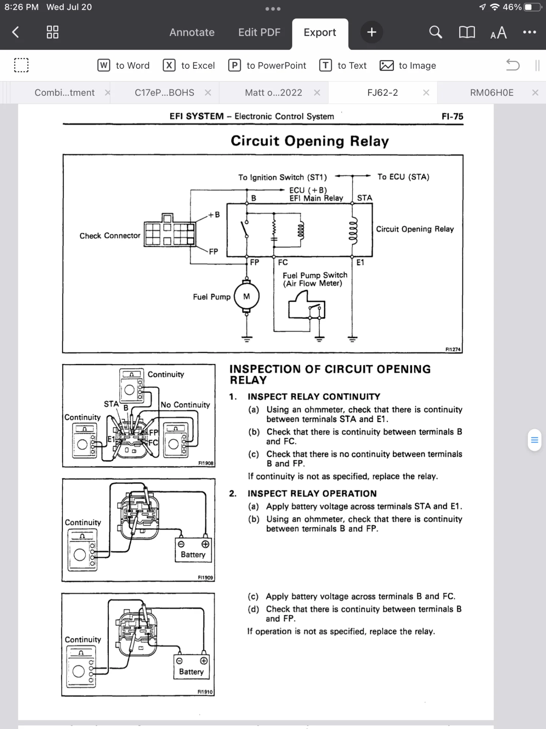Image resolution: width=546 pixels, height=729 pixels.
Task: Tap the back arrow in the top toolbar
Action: click(16, 32)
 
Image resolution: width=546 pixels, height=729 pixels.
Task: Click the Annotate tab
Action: click(192, 32)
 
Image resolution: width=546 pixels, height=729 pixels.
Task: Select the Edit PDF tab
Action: click(259, 32)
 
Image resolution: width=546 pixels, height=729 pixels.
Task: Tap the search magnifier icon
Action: click(435, 32)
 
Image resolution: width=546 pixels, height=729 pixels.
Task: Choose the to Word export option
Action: click(124, 66)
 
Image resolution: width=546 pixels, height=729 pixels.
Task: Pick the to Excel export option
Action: click(189, 66)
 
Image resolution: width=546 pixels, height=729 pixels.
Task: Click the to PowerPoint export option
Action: click(267, 66)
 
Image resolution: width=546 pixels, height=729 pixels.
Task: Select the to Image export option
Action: click(408, 66)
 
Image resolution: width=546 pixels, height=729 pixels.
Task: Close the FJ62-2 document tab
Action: click(426, 93)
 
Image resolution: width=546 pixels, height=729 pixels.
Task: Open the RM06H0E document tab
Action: click(491, 93)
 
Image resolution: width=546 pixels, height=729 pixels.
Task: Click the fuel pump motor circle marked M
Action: click(247, 297)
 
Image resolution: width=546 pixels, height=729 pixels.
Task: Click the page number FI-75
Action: click(452, 117)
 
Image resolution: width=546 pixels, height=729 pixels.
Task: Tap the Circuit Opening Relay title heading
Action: click(310, 141)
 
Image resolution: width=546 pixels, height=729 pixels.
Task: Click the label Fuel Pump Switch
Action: click(315, 275)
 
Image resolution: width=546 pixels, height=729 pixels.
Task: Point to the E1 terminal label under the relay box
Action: click(360, 262)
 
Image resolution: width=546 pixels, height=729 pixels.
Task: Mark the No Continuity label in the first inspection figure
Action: click(185, 405)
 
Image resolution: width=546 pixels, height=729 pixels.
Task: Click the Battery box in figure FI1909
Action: click(193, 550)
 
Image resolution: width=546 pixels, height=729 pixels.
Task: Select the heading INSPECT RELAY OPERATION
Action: click(312, 494)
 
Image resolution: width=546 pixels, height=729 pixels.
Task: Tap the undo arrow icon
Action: click(513, 65)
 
